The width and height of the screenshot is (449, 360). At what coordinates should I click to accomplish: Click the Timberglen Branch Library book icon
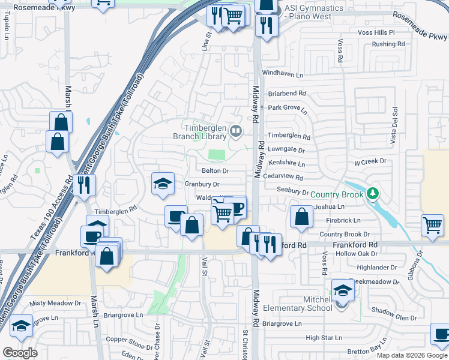click(x=237, y=131)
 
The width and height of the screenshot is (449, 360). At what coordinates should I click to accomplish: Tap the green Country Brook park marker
click(x=373, y=193)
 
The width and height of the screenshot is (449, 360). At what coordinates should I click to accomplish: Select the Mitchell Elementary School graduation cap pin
click(x=343, y=292)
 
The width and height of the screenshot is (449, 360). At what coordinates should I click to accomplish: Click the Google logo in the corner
click(x=20, y=353)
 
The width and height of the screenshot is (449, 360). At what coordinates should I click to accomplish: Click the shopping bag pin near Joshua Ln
click(x=301, y=217)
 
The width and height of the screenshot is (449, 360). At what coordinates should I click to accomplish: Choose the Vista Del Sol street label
click(x=395, y=125)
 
